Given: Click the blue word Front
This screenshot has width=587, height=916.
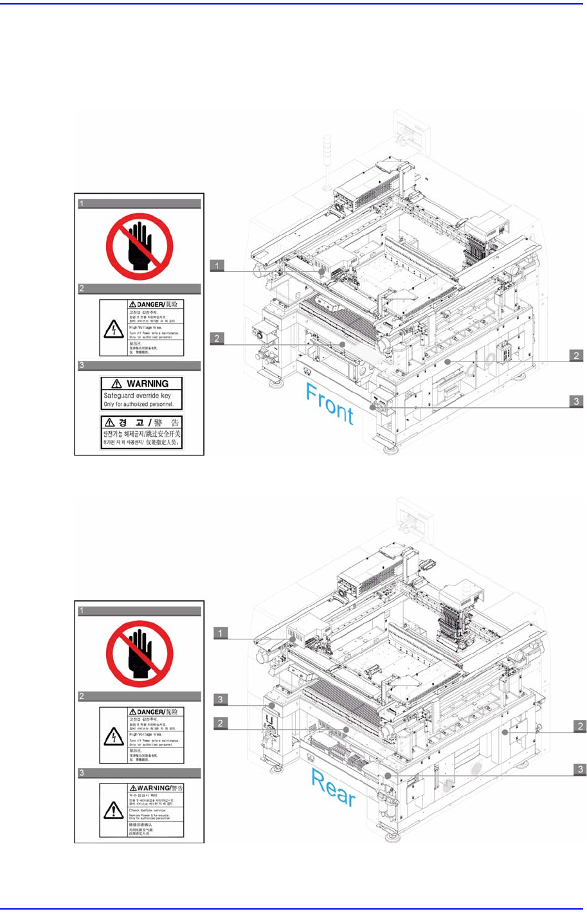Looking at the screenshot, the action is tap(330, 403).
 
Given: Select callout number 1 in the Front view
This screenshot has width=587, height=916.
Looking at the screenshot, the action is tap(217, 265).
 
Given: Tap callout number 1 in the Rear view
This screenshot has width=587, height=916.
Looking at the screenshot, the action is tap(221, 633).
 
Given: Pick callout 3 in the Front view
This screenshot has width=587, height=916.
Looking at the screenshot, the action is tap(577, 401).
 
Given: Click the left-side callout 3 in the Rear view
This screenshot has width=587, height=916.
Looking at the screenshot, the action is tap(221, 699).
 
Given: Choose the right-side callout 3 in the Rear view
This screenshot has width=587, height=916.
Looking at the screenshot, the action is tap(580, 769).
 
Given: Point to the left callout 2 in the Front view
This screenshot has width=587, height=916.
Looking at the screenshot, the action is tap(217, 338).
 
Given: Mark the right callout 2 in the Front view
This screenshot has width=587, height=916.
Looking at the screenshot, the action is tap(577, 355).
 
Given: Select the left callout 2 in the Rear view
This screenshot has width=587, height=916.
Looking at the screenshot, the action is tap(221, 724).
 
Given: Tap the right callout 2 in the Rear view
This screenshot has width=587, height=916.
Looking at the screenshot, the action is tap(580, 726).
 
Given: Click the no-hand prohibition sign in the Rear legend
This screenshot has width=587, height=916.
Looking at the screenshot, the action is tap(140, 654).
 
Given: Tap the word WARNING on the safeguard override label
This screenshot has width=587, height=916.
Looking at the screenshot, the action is tap(147, 383).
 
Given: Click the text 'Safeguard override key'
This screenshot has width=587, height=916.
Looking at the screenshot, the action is tap(138, 396).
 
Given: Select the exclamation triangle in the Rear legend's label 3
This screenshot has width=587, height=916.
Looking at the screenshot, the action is tap(113, 811).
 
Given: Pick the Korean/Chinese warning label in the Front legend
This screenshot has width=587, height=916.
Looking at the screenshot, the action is tap(142, 432).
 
